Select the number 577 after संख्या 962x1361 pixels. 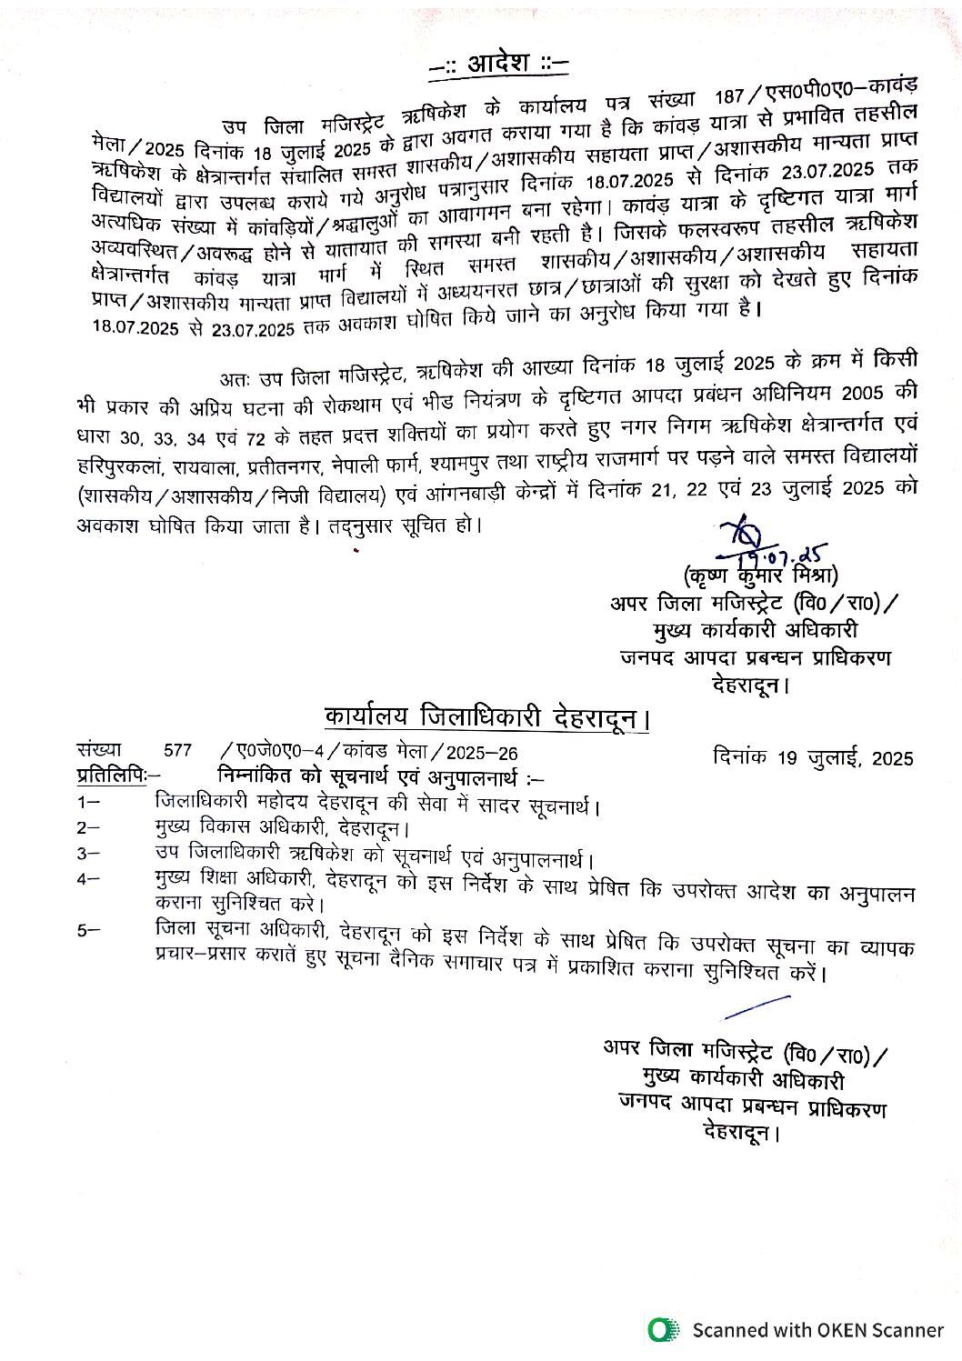[x=178, y=751]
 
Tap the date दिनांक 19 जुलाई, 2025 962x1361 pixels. [x=814, y=757]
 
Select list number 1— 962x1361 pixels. [x=88, y=803]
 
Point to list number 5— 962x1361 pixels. [x=88, y=931]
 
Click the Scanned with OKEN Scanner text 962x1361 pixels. [x=817, y=1330]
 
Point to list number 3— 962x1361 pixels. [x=88, y=854]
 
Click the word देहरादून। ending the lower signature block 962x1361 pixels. [x=742, y=1133]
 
